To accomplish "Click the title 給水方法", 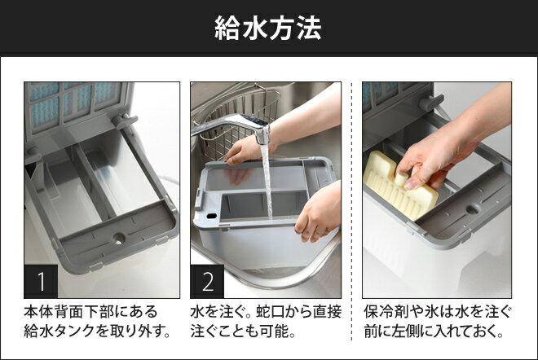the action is [x=268, y=28].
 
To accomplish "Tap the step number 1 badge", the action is [x=41, y=281].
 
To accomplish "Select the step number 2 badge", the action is [x=207, y=281].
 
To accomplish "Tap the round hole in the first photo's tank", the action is [x=119, y=238].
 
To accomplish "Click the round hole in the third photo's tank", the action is [x=473, y=209].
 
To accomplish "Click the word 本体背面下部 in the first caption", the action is [x=68, y=312].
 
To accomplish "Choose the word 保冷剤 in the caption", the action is [x=386, y=312].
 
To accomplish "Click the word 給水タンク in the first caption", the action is [x=60, y=331].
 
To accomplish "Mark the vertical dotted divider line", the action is [x=351, y=211].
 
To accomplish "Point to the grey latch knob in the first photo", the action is [x=124, y=120].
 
